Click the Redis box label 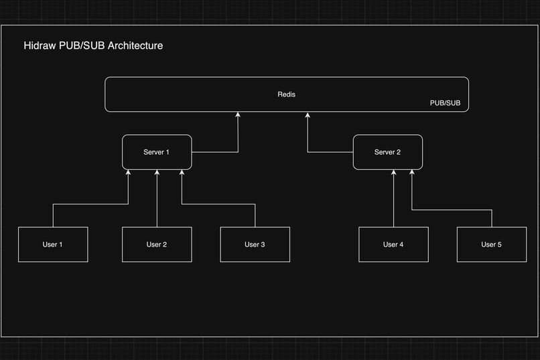point(286,95)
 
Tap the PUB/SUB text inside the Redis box point(445,103)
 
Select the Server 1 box point(157,152)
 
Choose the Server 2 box point(387,152)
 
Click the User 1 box point(52,245)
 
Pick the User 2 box point(157,245)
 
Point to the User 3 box point(255,245)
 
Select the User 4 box point(393,245)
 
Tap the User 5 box point(491,245)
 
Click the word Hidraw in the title point(40,46)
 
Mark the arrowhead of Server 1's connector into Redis point(238,115)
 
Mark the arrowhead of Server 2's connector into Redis point(308,115)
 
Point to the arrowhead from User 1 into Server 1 point(128,173)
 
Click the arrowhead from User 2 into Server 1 point(157,173)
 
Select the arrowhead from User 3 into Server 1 point(182,173)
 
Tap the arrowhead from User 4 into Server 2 point(393,173)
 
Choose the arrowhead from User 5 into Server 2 point(411,173)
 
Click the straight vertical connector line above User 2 point(157,201)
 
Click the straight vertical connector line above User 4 point(393,201)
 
